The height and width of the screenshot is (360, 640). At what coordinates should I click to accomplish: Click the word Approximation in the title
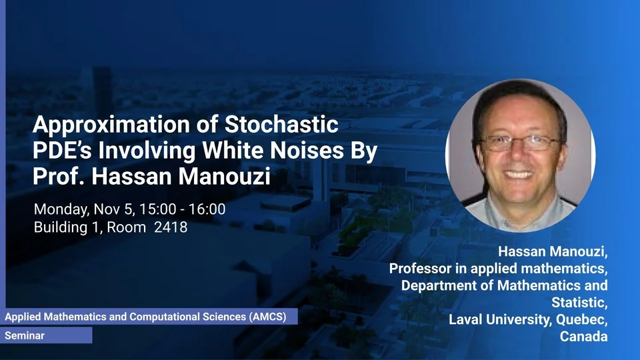coord(111,125)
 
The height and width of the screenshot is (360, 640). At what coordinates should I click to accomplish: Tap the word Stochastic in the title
coord(281,124)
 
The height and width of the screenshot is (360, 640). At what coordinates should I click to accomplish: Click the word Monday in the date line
coord(61,209)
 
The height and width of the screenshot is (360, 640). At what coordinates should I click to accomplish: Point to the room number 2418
coord(171,227)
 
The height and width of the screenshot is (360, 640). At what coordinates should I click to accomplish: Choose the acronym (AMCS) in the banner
coord(268,317)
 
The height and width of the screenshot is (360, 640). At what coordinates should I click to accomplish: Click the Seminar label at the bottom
coord(25,335)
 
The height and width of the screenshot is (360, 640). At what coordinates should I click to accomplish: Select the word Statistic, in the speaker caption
coord(579,303)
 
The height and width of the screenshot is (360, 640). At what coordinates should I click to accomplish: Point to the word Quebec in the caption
coord(581,320)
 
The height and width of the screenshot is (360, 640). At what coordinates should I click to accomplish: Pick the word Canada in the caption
coord(584,336)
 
